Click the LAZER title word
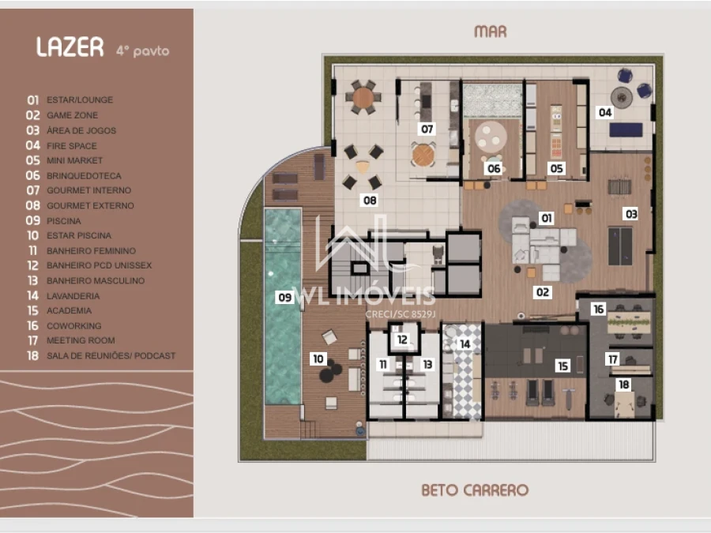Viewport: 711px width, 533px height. point(70,47)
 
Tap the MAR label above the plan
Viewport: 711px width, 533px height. point(490,32)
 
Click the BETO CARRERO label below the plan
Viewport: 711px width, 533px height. point(475,490)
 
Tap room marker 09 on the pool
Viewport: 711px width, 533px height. point(284,298)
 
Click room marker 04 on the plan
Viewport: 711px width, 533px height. point(605,112)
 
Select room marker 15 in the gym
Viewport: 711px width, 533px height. point(562,366)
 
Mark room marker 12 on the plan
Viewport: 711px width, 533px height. point(402,340)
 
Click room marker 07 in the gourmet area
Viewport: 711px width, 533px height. point(427,129)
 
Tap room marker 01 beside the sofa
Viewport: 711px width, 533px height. point(547,219)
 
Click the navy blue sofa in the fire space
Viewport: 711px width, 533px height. point(626,129)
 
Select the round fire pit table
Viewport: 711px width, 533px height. point(622,97)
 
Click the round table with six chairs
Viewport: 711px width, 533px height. point(363,97)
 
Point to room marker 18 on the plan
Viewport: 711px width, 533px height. point(624,385)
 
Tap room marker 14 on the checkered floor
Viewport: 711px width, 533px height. point(465,344)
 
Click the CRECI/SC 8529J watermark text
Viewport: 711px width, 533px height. point(401,314)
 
